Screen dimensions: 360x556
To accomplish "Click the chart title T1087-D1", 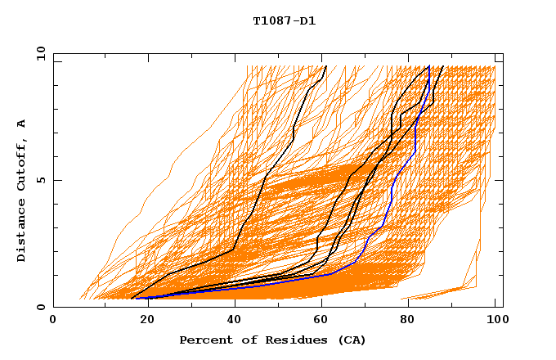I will click(x=284, y=21).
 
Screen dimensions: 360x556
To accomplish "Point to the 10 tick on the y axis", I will click(x=38, y=53).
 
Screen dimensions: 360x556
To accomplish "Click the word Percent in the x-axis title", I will click(x=204, y=340).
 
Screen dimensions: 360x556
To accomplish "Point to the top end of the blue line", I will click(x=429, y=66).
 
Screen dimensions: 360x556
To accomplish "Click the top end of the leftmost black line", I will click(x=325, y=66).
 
